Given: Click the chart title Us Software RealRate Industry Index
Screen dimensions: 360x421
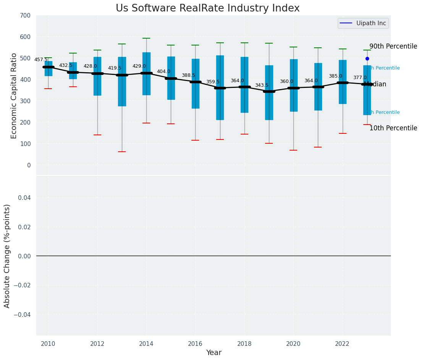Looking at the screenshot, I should (x=207, y=8).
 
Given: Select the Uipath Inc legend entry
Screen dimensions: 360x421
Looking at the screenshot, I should (x=363, y=23).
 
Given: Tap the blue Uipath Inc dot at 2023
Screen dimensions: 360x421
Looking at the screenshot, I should (x=367, y=59).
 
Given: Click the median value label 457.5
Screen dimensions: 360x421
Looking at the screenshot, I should (x=41, y=60).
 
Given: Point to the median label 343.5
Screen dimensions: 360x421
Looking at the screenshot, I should (x=262, y=85).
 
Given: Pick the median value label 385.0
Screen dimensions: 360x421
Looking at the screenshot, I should (x=335, y=76).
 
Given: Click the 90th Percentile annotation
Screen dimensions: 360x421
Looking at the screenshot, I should (x=393, y=47).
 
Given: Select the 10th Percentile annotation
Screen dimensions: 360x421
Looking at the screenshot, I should (x=393, y=128).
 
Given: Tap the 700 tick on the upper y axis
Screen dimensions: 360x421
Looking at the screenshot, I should (x=26, y=16).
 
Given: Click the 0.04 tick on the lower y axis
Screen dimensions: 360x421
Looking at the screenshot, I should (x=24, y=198).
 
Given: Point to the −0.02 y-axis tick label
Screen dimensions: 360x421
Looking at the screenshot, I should (x=23, y=285).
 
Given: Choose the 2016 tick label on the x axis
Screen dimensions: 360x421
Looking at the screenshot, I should (x=195, y=344).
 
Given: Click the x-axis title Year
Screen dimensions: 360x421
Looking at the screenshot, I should (x=214, y=353).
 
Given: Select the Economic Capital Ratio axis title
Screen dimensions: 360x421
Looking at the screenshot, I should (x=14, y=96).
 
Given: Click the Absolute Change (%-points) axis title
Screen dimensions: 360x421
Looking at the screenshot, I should (x=7, y=256).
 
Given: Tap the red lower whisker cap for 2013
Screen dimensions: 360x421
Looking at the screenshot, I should (x=122, y=152).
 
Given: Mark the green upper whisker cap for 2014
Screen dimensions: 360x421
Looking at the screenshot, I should (x=146, y=38).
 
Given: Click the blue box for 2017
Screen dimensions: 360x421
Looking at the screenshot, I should (x=220, y=88).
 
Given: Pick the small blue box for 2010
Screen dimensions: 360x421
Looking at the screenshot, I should (x=49, y=69).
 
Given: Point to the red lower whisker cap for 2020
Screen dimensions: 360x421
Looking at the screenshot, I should (x=293, y=150).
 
